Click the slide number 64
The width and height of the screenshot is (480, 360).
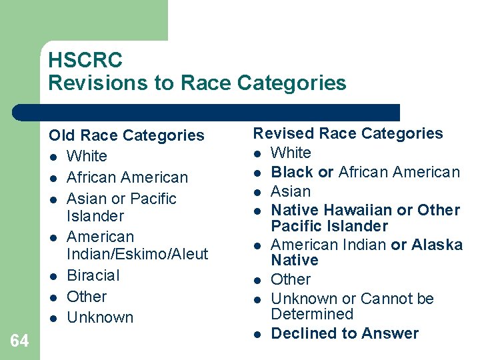20,341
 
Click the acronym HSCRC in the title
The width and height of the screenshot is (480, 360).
85,60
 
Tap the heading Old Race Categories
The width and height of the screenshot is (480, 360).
126,135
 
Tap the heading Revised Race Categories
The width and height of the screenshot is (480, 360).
347,133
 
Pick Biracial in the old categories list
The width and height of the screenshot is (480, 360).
93,275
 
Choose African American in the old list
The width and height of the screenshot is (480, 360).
127,177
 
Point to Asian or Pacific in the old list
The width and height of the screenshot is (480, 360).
122,199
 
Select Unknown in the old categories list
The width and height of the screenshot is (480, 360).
100,317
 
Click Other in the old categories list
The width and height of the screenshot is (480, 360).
87,297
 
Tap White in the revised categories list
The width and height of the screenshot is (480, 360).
291,153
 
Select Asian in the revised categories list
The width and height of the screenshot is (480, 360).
291,191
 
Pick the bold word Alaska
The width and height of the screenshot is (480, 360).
437,245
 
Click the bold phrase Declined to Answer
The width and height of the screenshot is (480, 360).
345,333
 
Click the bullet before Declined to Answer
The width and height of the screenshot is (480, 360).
257,334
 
